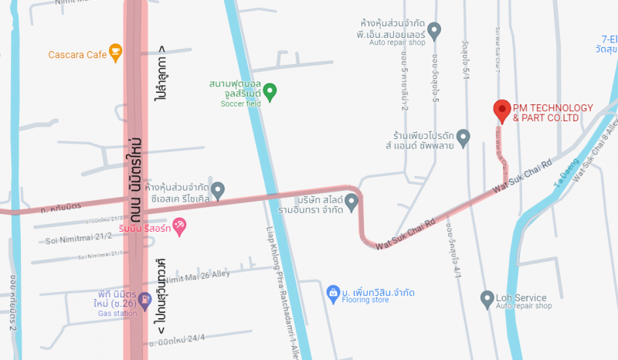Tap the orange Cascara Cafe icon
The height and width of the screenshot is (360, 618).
(x=115, y=53)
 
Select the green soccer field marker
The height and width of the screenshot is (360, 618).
(x=270, y=93)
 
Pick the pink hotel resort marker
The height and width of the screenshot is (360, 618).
(x=179, y=226)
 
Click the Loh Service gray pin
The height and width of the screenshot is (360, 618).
(x=487, y=298)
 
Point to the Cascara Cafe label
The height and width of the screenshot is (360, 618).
(x=77, y=55)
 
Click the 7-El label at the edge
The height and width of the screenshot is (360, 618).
(x=610, y=39)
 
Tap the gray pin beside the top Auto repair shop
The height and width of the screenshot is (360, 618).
(x=434, y=31)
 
